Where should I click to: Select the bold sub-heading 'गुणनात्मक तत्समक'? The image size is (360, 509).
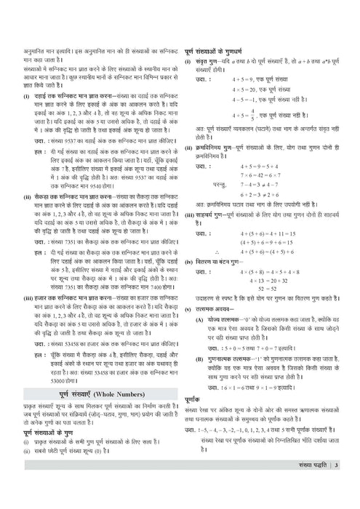[x=231, y=360]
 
